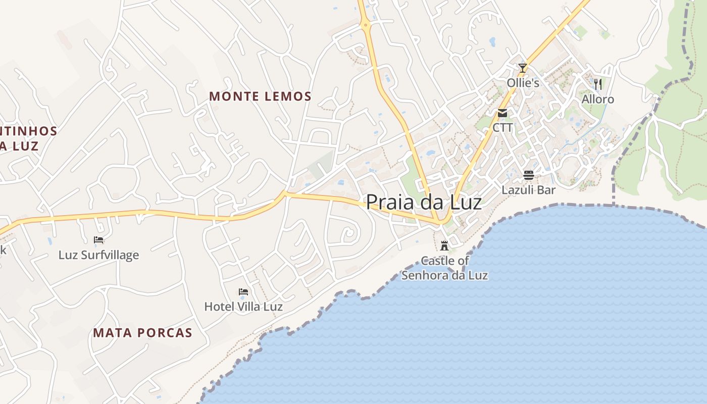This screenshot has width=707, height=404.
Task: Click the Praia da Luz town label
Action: coord(423,202)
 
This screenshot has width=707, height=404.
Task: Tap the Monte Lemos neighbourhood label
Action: coord(260,96)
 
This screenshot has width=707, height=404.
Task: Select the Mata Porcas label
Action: coord(142,332)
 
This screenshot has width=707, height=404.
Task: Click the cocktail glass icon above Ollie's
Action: coord(523,68)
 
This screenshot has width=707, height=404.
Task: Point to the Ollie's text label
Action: coord(523,83)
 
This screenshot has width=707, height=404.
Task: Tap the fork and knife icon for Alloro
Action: coord(598,84)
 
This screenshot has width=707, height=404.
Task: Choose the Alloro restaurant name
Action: coord(598,99)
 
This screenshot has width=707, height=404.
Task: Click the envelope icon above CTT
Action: coord(502,113)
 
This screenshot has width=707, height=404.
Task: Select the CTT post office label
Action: coord(502,127)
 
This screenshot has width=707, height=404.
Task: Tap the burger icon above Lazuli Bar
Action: coord(528,175)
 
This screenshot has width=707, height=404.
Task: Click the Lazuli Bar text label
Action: coord(528,190)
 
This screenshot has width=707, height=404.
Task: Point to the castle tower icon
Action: coord(444,246)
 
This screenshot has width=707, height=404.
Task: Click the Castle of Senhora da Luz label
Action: coord(444,268)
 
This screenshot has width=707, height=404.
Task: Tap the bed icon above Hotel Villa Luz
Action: coord(243,291)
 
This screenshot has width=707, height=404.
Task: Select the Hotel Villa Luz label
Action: coord(243,306)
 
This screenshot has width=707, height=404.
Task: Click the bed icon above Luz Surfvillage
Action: coord(98,240)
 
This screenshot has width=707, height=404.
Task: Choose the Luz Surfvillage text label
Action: coord(98,255)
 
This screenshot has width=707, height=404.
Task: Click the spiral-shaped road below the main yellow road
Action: coord(347,233)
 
